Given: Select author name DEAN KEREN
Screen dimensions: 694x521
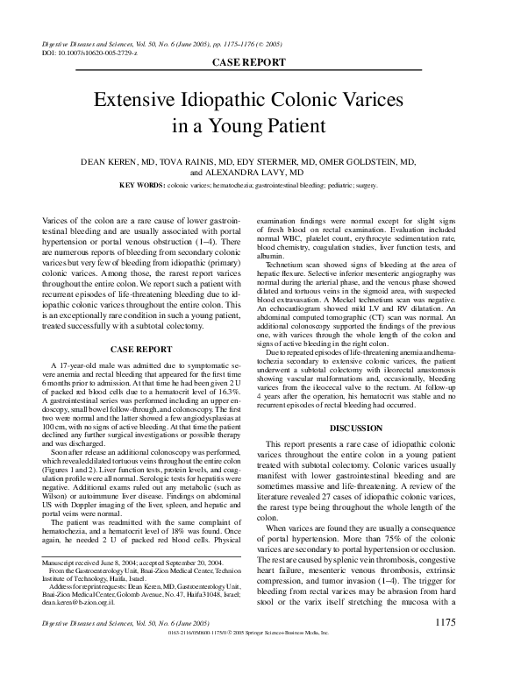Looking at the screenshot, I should [112, 162].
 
